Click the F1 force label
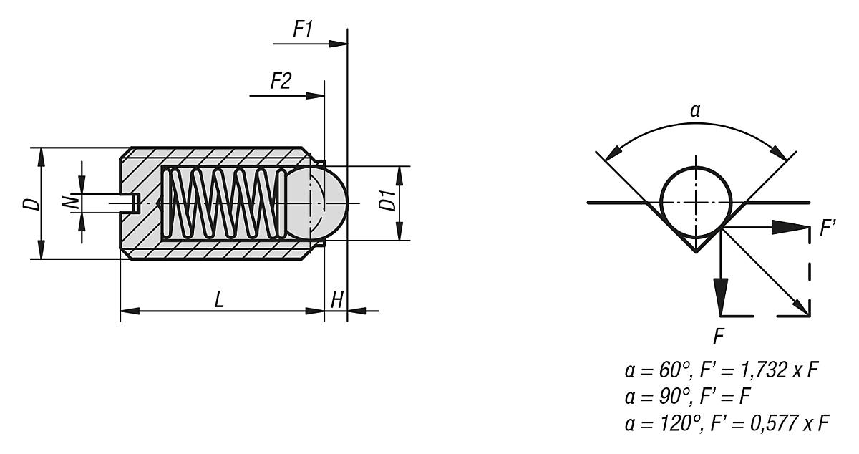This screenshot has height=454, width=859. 303,29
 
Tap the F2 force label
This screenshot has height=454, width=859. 281,81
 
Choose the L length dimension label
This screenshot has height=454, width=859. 218,300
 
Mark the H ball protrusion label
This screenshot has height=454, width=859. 336,300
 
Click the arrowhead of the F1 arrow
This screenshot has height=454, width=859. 338,44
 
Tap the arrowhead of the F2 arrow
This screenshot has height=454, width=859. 315,95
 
